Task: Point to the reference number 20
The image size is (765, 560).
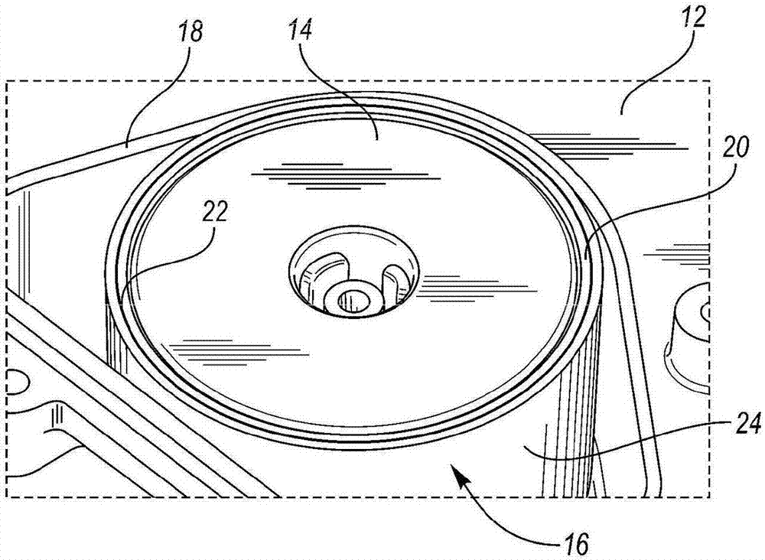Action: pyautogui.click(x=734, y=146)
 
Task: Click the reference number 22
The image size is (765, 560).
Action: pyautogui.click(x=215, y=212)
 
